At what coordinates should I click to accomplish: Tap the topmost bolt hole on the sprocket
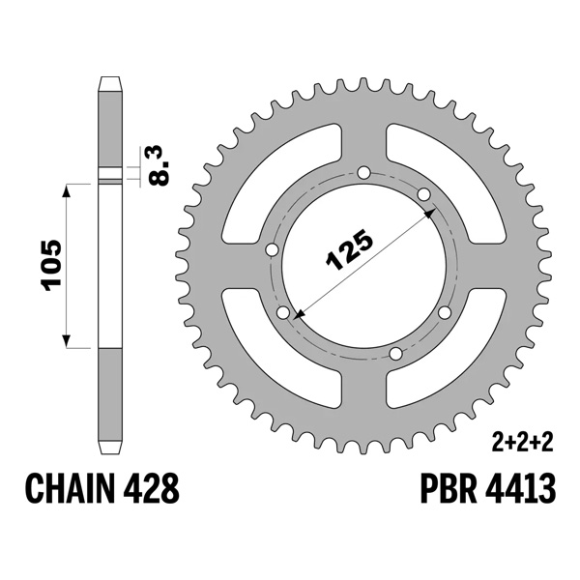(x=362, y=174)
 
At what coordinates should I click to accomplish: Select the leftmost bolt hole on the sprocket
(x=272, y=249)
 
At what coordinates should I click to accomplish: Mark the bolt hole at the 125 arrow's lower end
(x=283, y=313)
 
